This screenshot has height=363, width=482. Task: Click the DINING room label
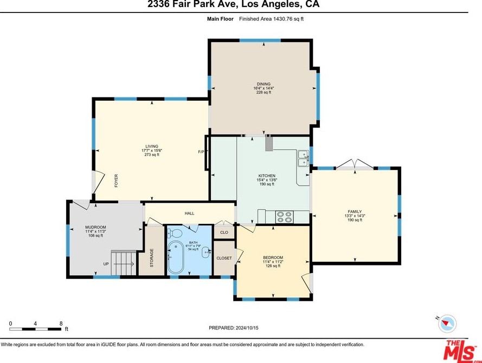pos(264,84)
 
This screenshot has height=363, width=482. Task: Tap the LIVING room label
pos(152,146)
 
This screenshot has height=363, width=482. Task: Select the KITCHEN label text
pos(267,176)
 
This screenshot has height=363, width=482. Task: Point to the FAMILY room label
pos(355,212)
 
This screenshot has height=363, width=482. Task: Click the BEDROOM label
pos(273,258)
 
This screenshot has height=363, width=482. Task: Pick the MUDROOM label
pos(95,227)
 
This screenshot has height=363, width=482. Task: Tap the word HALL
pos(189,213)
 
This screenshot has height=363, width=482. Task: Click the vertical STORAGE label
pos(152,258)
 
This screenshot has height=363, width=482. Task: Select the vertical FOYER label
pos(116,180)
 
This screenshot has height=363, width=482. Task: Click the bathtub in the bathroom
pos(176,257)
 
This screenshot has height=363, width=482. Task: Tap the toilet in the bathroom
pos(174,232)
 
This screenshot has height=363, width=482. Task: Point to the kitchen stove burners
pos(284,217)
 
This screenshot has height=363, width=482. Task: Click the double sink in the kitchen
pos(304,158)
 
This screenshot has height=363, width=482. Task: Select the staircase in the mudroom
pos(124,263)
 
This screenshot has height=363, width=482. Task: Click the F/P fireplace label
pos(201,152)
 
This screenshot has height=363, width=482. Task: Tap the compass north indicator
pos(447,323)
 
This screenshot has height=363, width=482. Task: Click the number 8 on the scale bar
pos(61,323)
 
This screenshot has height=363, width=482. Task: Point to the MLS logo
pos(460,351)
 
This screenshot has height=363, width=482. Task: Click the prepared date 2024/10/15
pos(247,328)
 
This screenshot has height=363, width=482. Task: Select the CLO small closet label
pos(224,232)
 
